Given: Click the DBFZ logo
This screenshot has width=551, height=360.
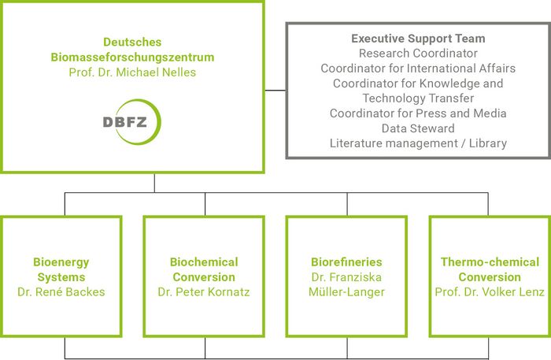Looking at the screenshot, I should pyautogui.click(x=131, y=121).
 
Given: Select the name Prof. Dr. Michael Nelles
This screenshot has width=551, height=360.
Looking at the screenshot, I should pyautogui.click(x=132, y=72).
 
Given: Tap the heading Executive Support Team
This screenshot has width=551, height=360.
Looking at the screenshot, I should pyautogui.click(x=418, y=38).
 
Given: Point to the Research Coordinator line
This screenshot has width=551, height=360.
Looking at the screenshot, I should pyautogui.click(x=418, y=53).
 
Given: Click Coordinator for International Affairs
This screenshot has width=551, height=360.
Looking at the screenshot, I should pyautogui.click(x=418, y=68).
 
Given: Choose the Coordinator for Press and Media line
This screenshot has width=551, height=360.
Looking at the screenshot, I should pyautogui.click(x=418, y=113).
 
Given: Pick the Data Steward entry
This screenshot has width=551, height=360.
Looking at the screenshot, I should pyautogui.click(x=418, y=128).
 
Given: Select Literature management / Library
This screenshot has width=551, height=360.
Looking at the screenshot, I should pyautogui.click(x=418, y=143).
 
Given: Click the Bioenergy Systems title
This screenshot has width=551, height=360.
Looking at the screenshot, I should pyautogui.click(x=61, y=269).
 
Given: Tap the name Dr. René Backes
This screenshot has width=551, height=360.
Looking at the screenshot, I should pyautogui.click(x=61, y=292).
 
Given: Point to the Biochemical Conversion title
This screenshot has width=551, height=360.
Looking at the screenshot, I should pyautogui.click(x=204, y=269).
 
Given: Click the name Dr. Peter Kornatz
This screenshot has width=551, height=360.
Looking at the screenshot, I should pyautogui.click(x=204, y=292).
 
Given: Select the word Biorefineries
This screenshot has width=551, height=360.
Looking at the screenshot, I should pyautogui.click(x=346, y=262).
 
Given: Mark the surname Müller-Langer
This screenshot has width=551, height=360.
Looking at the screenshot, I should pyautogui.click(x=346, y=292).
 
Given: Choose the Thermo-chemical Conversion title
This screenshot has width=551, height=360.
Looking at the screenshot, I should pyautogui.click(x=490, y=269).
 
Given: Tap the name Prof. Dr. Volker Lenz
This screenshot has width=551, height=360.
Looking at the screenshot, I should pyautogui.click(x=490, y=292).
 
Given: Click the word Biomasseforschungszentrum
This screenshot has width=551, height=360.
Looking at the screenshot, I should pyautogui.click(x=132, y=57).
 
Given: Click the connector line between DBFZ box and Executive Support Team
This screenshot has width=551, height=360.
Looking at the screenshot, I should pyautogui.click(x=275, y=90).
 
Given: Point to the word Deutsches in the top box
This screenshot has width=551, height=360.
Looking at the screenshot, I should pyautogui.click(x=132, y=42).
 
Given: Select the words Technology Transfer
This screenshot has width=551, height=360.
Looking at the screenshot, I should pyautogui.click(x=418, y=98).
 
